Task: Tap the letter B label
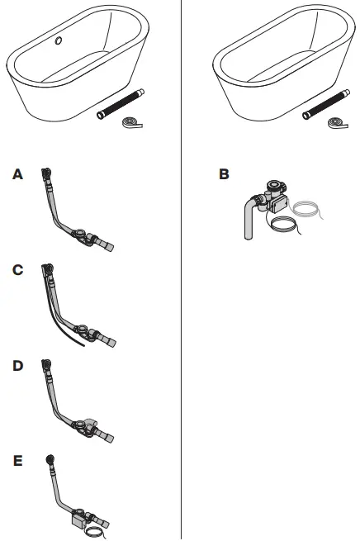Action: coord(224,175)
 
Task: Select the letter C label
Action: coord(17,270)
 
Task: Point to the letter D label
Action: coord(17,364)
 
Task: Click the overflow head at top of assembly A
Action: coord(46,175)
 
